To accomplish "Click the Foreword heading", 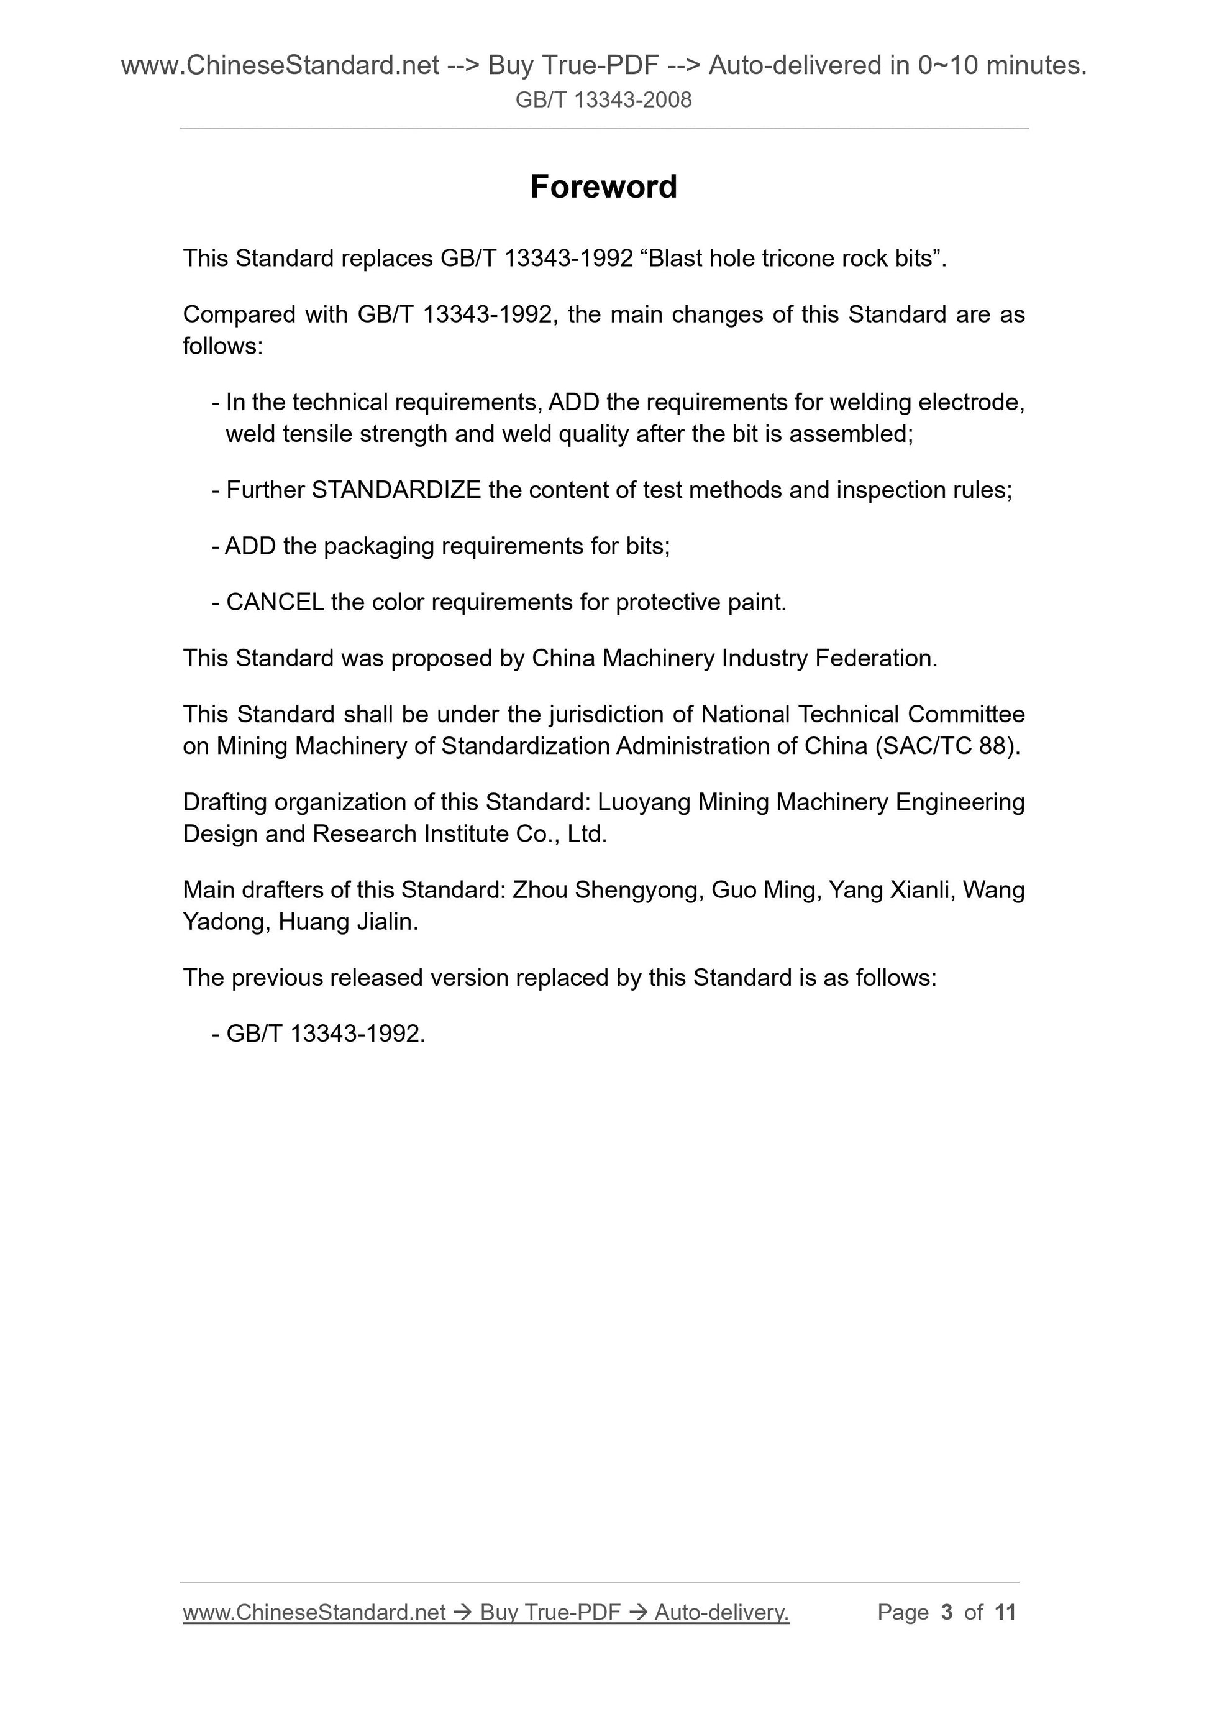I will tap(603, 186).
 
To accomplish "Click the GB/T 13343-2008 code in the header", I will tap(603, 100).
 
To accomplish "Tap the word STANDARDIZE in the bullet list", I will tap(396, 490).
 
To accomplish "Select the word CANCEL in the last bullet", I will tap(275, 602).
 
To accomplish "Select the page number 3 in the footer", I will tap(947, 1612).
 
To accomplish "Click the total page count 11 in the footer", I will tap(1005, 1612).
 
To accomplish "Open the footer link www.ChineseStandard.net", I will tap(314, 1612).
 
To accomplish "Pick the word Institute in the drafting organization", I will tap(467, 834).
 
